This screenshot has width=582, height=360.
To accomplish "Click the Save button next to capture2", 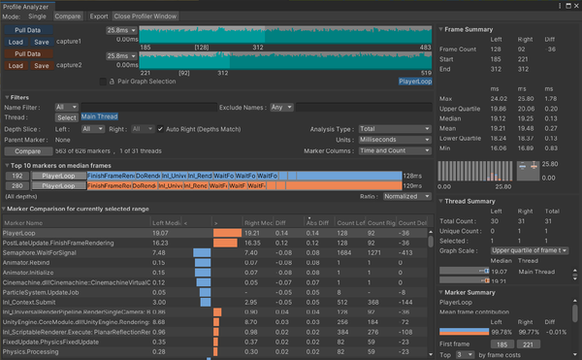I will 43,67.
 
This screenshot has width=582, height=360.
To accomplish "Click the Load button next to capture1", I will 17,43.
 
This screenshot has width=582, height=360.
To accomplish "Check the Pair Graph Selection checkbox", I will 105,81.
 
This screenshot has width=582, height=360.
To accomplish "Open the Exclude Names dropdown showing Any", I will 279,107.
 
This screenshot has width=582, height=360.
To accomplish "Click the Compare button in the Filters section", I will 28,151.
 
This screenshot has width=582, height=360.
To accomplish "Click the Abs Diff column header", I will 318,222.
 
